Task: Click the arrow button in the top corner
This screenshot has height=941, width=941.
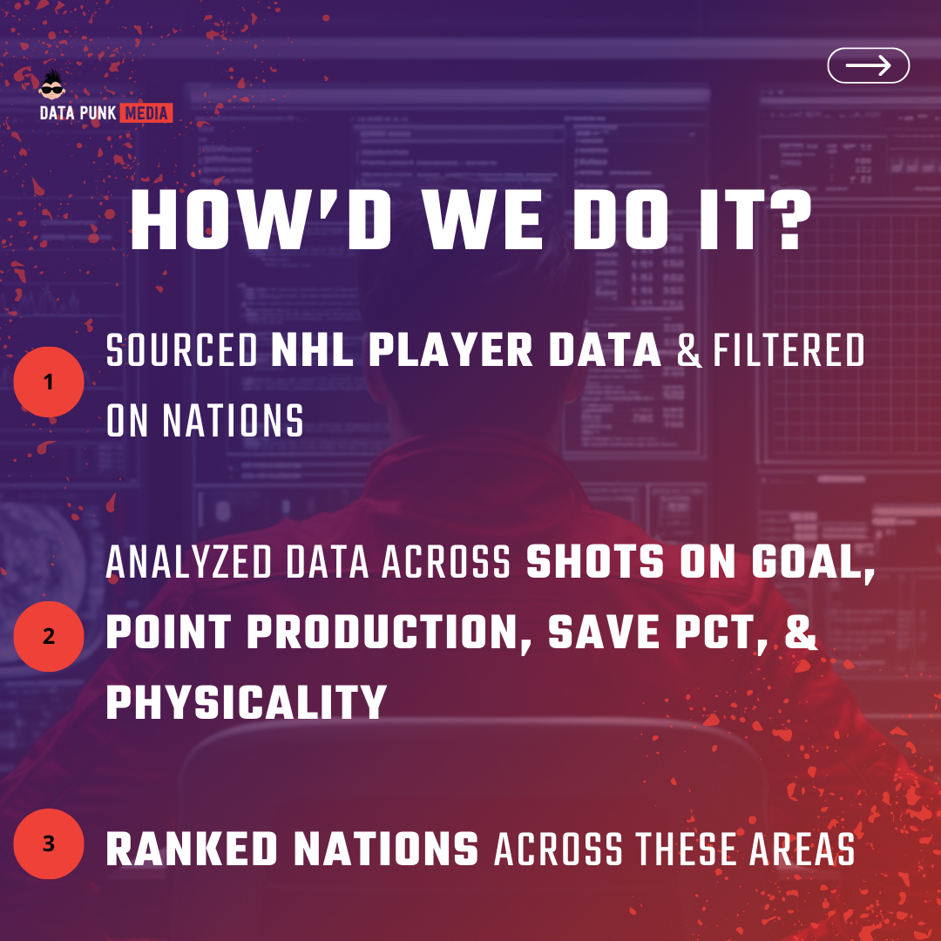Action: tap(868, 65)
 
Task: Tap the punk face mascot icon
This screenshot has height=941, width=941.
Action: tap(52, 85)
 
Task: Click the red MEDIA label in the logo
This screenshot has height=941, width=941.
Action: tap(146, 112)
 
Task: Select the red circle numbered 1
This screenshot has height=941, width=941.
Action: tap(49, 382)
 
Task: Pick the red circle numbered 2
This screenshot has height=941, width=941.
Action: tap(49, 636)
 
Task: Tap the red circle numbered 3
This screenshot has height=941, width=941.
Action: tap(49, 843)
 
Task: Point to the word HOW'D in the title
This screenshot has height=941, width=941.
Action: tap(261, 220)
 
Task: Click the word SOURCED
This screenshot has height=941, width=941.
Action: tap(182, 350)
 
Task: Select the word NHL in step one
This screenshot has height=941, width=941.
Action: tap(312, 350)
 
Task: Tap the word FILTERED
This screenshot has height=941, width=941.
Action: tap(789, 350)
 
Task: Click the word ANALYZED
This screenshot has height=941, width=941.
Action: tap(189, 562)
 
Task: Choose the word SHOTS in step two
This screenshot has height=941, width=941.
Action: tap(595, 562)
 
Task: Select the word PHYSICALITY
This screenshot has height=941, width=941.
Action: tap(247, 702)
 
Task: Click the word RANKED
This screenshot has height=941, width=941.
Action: tap(192, 850)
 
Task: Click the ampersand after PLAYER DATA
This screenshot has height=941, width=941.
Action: tap(689, 351)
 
